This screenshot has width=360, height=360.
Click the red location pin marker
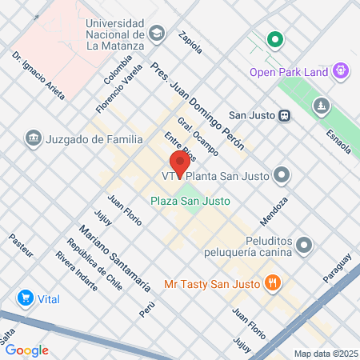pos(180,163)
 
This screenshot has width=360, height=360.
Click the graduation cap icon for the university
pos(156,34)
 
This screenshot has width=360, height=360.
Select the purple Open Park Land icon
pos(342,71)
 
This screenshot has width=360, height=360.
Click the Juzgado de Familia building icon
pos(34,138)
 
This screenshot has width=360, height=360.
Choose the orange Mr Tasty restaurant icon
pos(274,282)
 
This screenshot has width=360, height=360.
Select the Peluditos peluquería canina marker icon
pos(303,244)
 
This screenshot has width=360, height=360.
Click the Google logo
pos(26,350)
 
